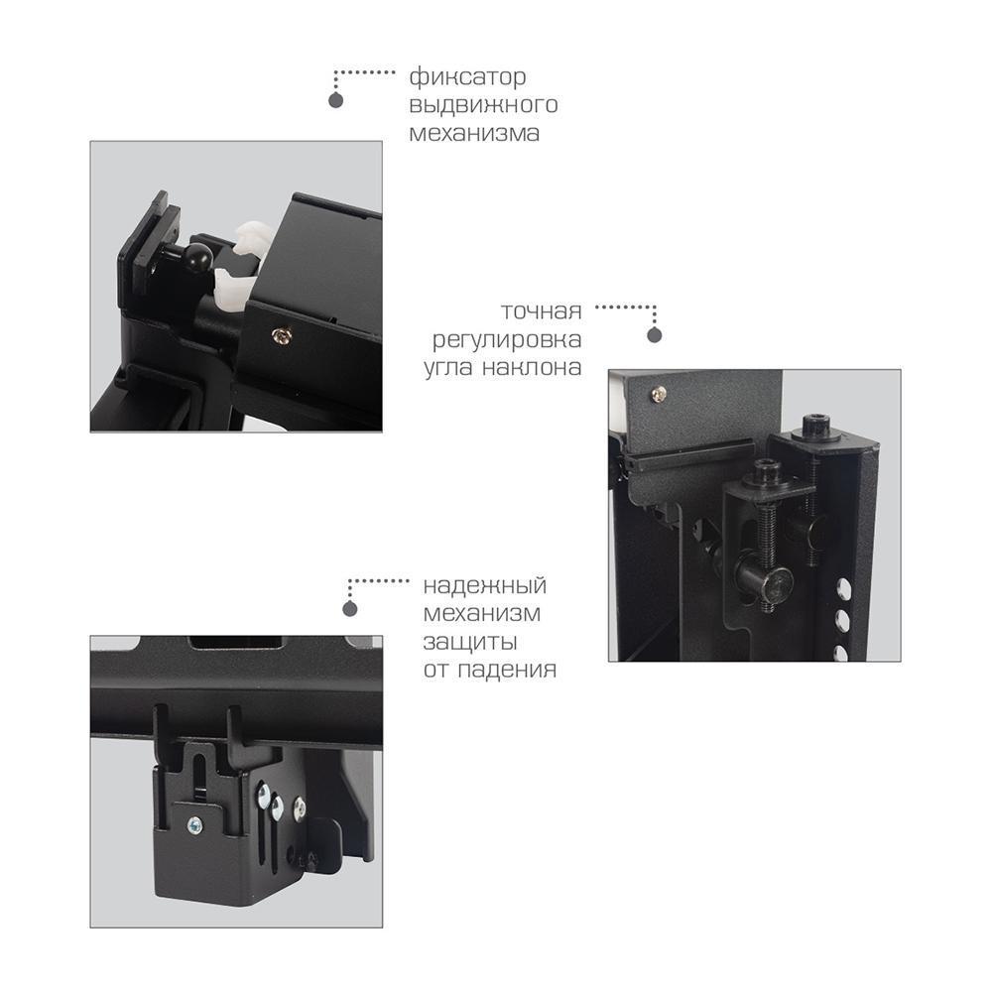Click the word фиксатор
coord(467,77)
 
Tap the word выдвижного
coord(483,105)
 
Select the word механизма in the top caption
coord(474,134)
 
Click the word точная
coord(541,311)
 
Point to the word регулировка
coord(507,340)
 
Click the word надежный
coord(485,586)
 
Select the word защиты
coord(470,642)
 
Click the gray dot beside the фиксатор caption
coord(336,100)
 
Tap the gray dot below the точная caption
coord(655,335)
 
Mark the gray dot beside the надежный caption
coord(350,609)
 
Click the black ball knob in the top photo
coord(197,257)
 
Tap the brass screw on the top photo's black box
coord(282,336)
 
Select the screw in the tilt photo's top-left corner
coord(659,394)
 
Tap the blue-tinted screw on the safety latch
coord(195,825)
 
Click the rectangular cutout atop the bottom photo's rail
coord(236,642)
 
